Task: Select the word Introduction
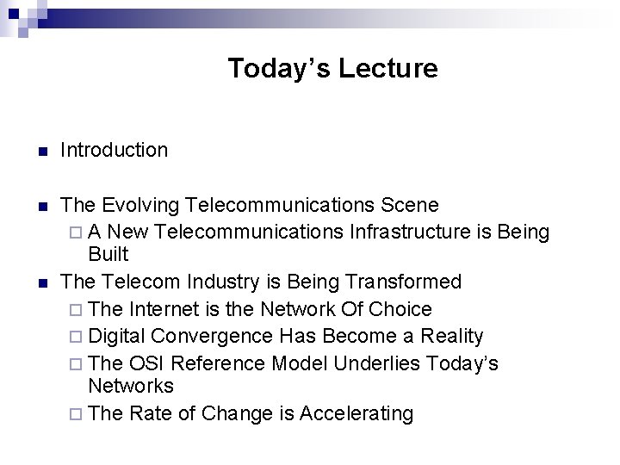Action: pos(115,150)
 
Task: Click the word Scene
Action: pos(410,206)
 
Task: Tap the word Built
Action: pos(108,255)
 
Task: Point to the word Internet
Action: pos(167,309)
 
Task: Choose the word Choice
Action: pos(400,309)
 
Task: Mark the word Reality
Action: pos(452,337)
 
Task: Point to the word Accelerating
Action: pos(356,414)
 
